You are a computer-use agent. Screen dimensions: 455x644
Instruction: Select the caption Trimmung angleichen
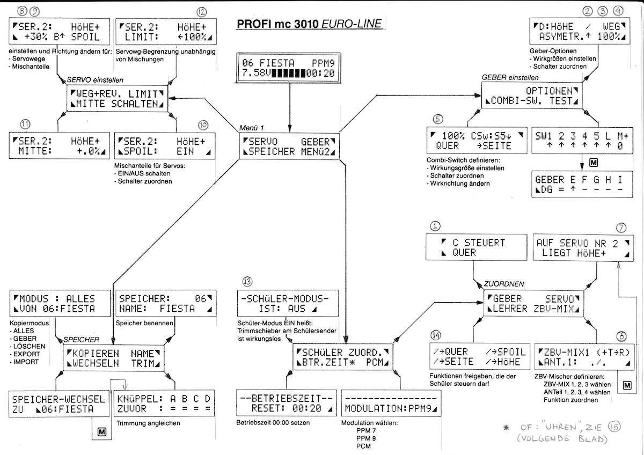[x=145, y=423]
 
